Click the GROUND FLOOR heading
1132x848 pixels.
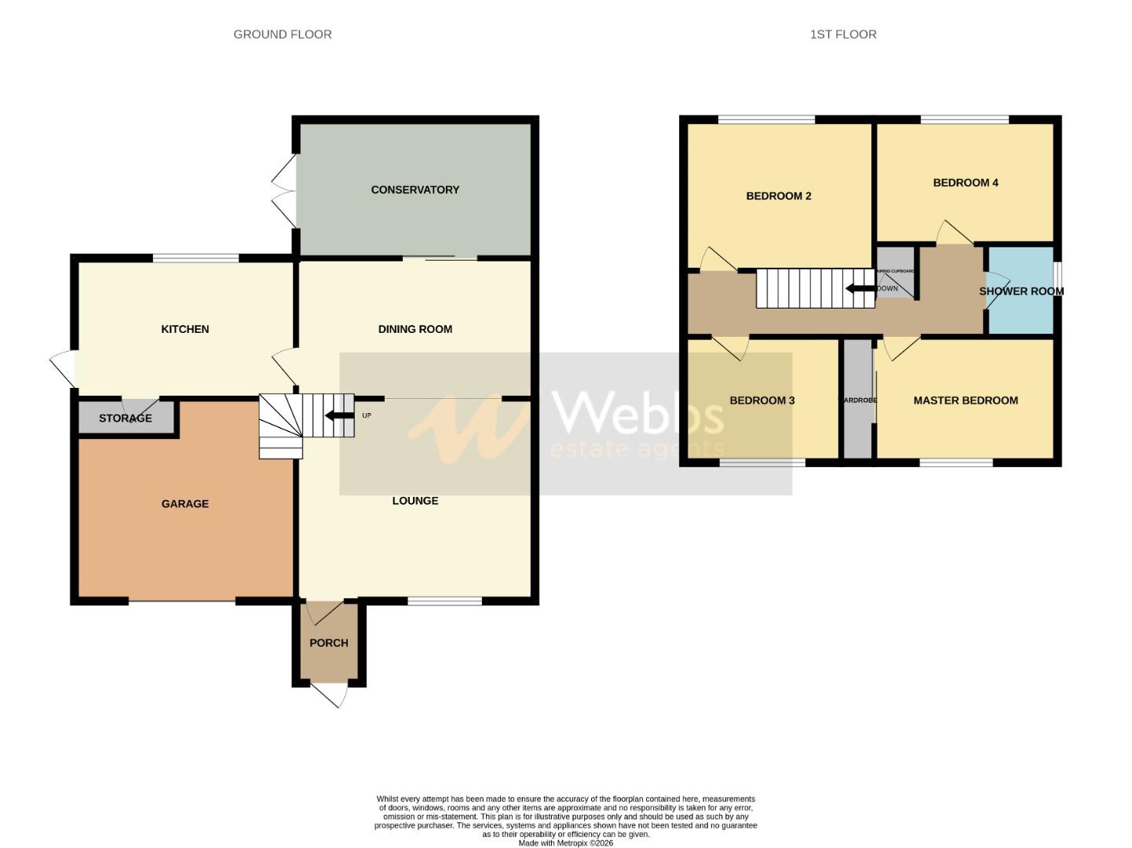[x=283, y=35]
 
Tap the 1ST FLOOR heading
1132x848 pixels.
[x=843, y=35]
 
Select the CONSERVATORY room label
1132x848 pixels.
[x=414, y=190]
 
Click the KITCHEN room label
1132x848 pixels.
[x=184, y=330]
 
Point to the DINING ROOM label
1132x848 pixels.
[x=414, y=330]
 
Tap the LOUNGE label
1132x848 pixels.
[x=414, y=501]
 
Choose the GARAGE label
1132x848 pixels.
[x=184, y=504]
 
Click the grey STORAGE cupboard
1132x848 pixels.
[x=126, y=418]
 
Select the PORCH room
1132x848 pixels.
[x=328, y=643]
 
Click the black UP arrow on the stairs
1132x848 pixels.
[x=339, y=415]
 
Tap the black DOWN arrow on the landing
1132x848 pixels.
[x=860, y=288]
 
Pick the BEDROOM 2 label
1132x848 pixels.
[x=778, y=196]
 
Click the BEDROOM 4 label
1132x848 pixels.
[x=965, y=183]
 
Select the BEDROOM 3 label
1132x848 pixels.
[x=761, y=400]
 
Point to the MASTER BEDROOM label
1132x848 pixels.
[x=965, y=400]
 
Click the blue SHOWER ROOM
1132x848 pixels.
[x=1020, y=291]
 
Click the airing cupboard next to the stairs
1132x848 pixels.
[x=895, y=272]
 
